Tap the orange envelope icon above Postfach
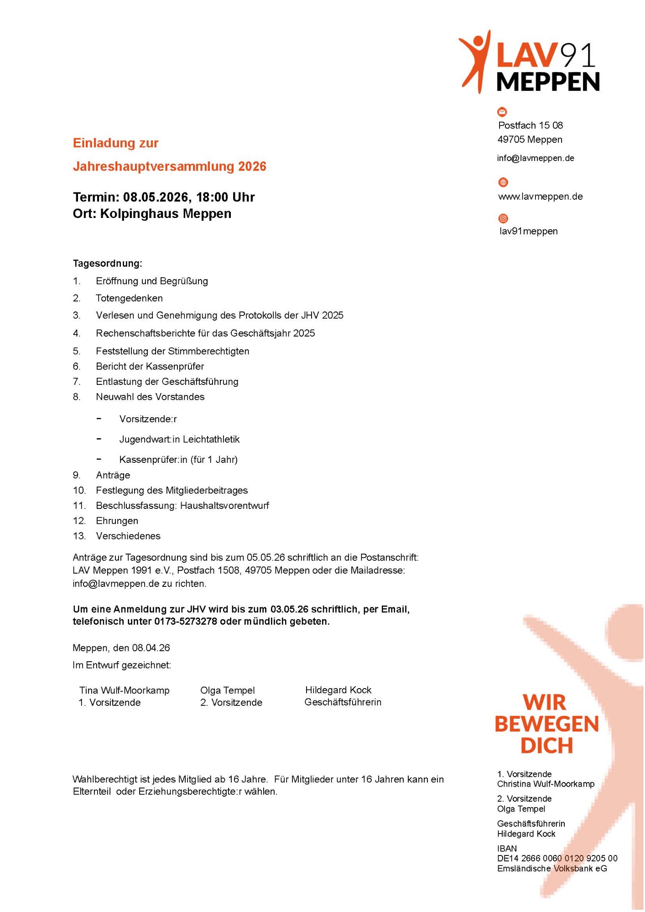[x=502, y=112]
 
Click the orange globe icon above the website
[x=503, y=182]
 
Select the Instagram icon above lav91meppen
[x=503, y=218]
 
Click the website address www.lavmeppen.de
[x=540, y=197]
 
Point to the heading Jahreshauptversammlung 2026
[x=169, y=166]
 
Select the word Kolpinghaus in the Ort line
[x=140, y=214]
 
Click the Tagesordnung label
[x=107, y=264]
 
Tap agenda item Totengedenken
[x=129, y=298]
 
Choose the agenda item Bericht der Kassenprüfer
[x=150, y=367]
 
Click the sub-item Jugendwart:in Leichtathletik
[x=179, y=440]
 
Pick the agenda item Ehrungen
[x=117, y=521]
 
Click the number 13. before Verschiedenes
[x=79, y=536]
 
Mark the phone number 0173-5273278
[x=186, y=622]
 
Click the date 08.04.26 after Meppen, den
[x=151, y=648]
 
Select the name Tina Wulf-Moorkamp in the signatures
[x=124, y=690]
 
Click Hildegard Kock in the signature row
[x=338, y=690]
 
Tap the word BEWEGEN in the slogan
[x=546, y=725]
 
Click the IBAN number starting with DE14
[x=557, y=859]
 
